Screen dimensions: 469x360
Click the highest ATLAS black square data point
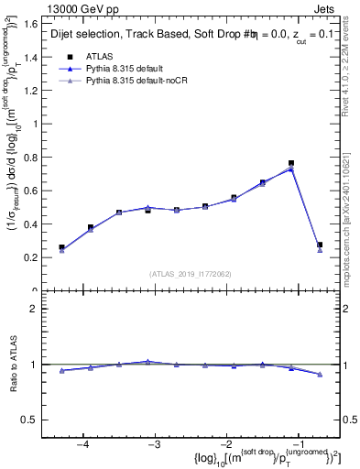tap(291, 163)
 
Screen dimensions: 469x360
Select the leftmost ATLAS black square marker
tap(61, 247)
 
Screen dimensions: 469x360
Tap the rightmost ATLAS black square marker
tap(320, 245)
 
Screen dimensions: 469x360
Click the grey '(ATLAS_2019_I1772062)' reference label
tap(190, 273)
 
